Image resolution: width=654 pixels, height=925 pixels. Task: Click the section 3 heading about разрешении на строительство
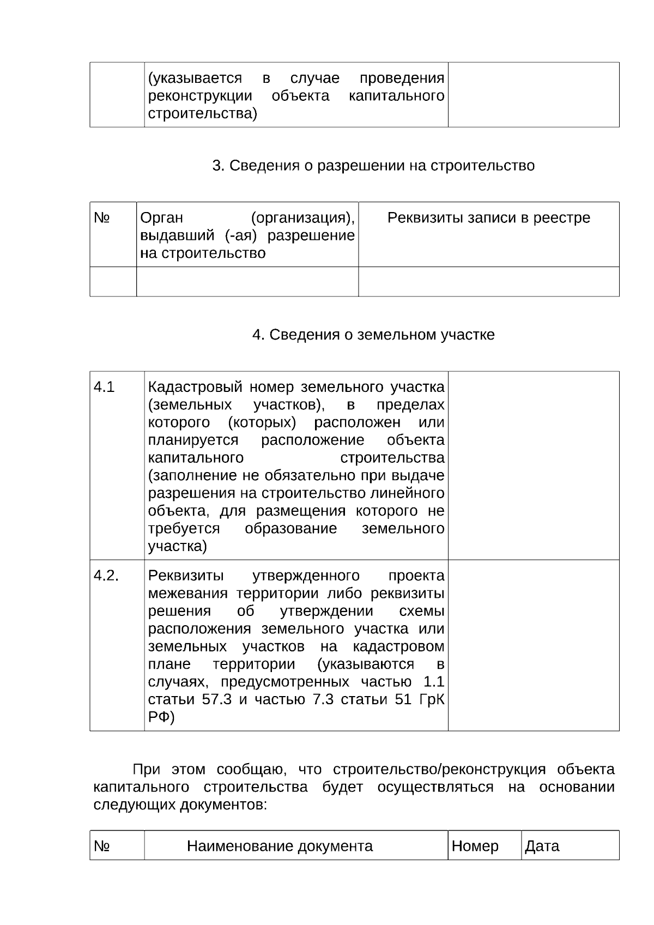pos(373,166)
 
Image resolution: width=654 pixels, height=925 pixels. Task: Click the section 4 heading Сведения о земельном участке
pos(373,335)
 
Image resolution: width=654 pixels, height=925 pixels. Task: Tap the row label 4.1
pos(104,388)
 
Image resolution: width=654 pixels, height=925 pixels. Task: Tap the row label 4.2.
pos(106,576)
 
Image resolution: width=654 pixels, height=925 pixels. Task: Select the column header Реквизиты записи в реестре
pos(488,218)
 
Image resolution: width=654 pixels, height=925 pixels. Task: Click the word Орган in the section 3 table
pos(161,218)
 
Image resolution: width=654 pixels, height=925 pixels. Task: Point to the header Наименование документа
pos(280,846)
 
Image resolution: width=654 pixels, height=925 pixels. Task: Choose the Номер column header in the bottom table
pos(475,846)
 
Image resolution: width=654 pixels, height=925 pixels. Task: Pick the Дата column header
pos(542,846)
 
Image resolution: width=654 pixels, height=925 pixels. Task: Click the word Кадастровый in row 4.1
pos(195,388)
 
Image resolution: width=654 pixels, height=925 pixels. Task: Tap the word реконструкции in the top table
pos(200,96)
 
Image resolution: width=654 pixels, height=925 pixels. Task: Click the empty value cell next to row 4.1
pos(533,465)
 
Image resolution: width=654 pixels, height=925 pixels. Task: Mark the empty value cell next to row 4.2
pos(533,645)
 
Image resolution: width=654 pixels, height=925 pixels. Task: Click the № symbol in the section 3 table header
pos(102,218)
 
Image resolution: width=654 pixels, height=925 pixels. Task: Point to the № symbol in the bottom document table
pos(102,846)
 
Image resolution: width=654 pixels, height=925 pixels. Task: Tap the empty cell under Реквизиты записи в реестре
pos(488,282)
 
